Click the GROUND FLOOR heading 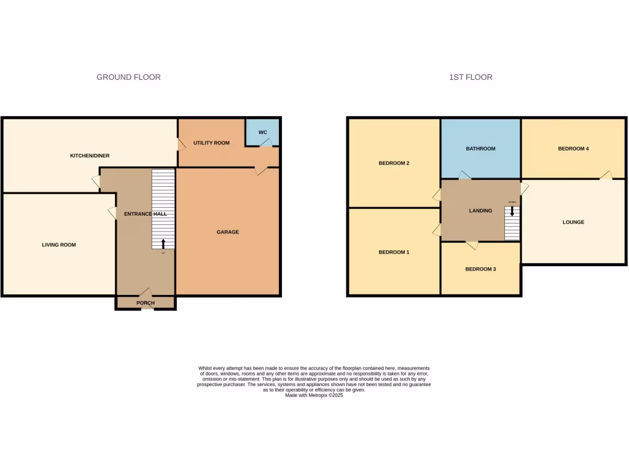click(128, 77)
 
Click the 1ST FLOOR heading click(471, 77)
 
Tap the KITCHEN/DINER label click(90, 156)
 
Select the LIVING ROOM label click(59, 245)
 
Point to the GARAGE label click(227, 232)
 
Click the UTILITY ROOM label click(211, 143)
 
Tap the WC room click(262, 133)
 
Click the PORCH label click(146, 303)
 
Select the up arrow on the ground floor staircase click(163, 243)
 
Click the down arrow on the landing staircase click(512, 211)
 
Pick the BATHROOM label click(480, 149)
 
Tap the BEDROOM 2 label click(394, 163)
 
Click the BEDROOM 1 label click(394, 253)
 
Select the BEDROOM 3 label click(480, 269)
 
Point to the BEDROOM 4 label click(573, 149)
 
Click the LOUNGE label click(573, 222)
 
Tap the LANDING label click(480, 211)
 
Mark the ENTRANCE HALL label click(146, 214)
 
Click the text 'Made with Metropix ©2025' click(314, 396)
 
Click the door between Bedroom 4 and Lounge click(606, 176)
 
